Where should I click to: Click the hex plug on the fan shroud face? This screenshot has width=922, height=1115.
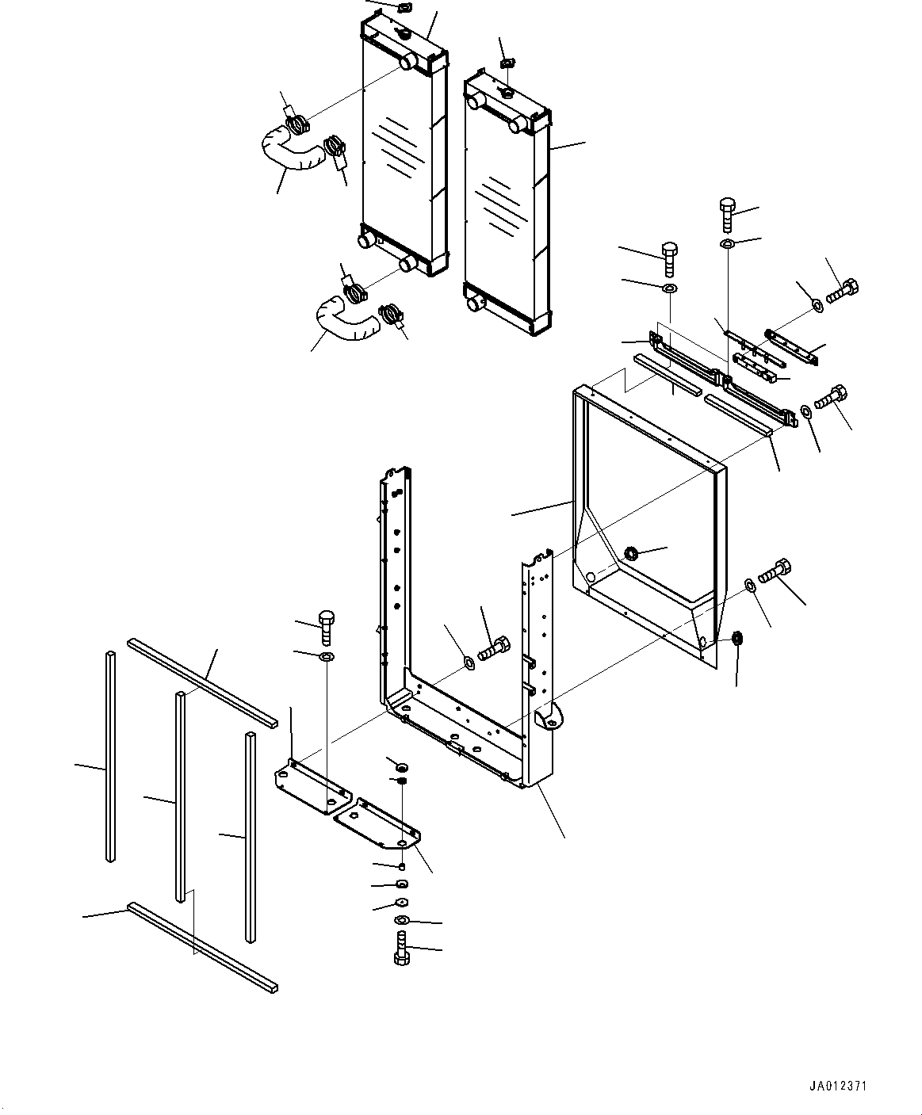tap(631, 552)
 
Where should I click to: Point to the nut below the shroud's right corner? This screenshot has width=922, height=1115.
tap(736, 638)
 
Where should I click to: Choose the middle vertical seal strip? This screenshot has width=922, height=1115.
tap(181, 797)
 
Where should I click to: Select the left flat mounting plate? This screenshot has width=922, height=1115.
tap(312, 789)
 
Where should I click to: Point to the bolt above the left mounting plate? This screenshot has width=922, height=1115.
tap(326, 628)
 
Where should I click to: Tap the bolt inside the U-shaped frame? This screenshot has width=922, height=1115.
tap(494, 648)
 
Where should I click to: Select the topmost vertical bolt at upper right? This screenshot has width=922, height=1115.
tap(728, 216)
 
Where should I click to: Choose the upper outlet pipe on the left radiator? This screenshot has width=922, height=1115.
tap(408, 62)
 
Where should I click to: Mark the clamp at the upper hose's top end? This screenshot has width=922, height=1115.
tap(297, 126)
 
